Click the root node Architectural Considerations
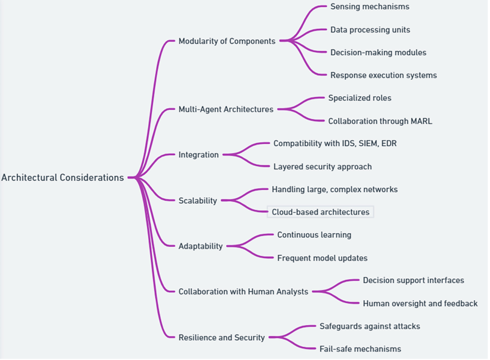point(63,178)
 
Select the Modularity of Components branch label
point(227,41)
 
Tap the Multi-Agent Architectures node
point(226,109)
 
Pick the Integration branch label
point(199,155)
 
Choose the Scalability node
point(198,201)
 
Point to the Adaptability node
point(200,246)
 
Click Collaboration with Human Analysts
point(243,292)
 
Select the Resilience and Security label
point(222,338)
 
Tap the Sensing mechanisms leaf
point(370,7)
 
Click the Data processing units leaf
point(370,30)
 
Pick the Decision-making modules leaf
point(378,53)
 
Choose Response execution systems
point(383,75)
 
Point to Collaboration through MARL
point(380,121)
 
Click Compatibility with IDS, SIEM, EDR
point(335,143)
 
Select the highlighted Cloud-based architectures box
point(321,212)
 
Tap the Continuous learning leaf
point(314,235)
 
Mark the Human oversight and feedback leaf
point(420,304)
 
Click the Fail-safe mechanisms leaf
point(360,349)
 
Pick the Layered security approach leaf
point(323,167)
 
